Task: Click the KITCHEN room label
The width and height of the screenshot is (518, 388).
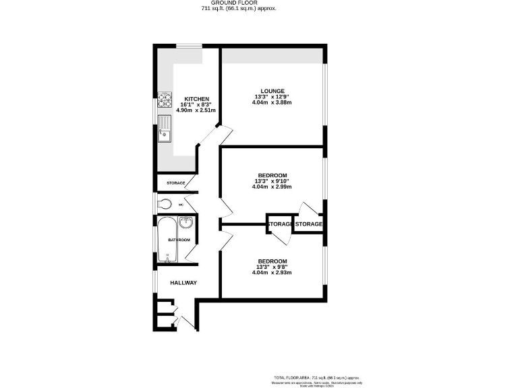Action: point(188,99)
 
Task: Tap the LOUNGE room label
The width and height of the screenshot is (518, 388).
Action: point(273,91)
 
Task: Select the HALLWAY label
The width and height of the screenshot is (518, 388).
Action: point(183,283)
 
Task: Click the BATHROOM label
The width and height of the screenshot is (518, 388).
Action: point(179,240)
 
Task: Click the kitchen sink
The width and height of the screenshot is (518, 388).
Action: point(164,133)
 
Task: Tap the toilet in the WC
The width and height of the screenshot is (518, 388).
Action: point(165,204)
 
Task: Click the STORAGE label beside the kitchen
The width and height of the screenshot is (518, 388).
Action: point(175,183)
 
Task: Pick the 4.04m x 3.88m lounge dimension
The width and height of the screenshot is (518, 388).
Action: point(273,103)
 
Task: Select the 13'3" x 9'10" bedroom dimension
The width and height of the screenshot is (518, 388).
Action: point(272,181)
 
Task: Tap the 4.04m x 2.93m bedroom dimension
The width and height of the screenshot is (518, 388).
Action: point(272,273)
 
